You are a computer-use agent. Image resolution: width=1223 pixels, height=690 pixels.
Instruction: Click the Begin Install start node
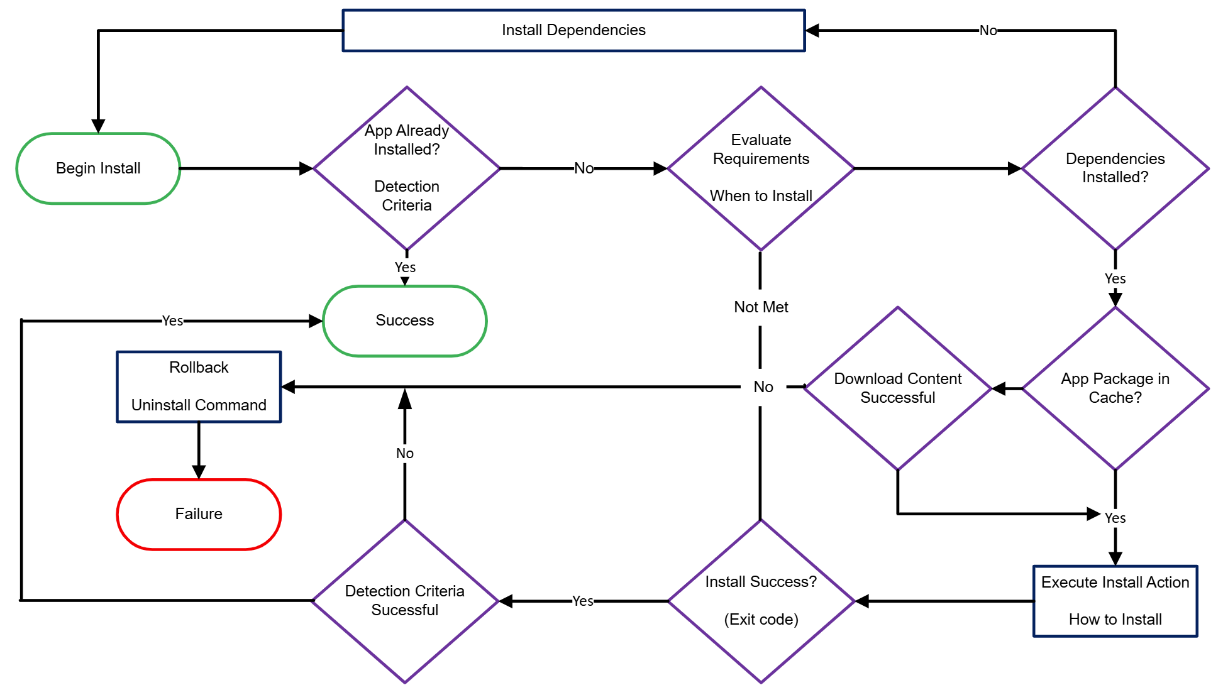(x=98, y=168)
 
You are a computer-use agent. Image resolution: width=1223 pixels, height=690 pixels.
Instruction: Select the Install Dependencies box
(x=573, y=30)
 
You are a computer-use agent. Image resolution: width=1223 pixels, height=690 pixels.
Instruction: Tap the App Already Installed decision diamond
(x=407, y=168)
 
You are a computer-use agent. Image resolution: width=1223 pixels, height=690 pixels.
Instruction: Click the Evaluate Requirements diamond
(x=761, y=168)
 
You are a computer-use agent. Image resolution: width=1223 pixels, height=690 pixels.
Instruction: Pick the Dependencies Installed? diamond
(x=1115, y=168)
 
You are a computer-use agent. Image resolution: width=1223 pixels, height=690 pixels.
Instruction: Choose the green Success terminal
(x=405, y=320)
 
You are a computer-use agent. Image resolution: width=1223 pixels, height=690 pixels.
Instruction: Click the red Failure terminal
(x=199, y=514)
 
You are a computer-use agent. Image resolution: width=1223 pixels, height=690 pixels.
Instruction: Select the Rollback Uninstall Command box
(x=199, y=386)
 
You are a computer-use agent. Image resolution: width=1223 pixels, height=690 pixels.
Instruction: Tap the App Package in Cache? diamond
(x=1115, y=388)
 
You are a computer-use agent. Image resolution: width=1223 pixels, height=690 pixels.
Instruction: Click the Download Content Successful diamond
(x=898, y=388)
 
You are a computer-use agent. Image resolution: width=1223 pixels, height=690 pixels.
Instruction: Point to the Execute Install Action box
(x=1115, y=601)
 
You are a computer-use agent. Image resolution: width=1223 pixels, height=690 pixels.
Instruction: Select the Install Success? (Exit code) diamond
(x=761, y=601)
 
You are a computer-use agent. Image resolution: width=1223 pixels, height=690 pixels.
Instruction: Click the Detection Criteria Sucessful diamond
(x=405, y=601)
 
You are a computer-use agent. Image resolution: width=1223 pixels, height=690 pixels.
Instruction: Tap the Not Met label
(x=761, y=307)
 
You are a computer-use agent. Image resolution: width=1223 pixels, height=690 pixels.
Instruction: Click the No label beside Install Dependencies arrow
(x=988, y=30)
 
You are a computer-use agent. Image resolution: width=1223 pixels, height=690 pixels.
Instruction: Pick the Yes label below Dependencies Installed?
(x=1115, y=278)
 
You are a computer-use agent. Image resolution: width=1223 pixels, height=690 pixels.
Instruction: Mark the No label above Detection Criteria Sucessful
(x=405, y=453)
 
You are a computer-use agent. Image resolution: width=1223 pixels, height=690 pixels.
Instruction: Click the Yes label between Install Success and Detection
(x=583, y=601)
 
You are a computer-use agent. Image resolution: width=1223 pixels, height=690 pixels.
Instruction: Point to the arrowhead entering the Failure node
(x=199, y=472)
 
